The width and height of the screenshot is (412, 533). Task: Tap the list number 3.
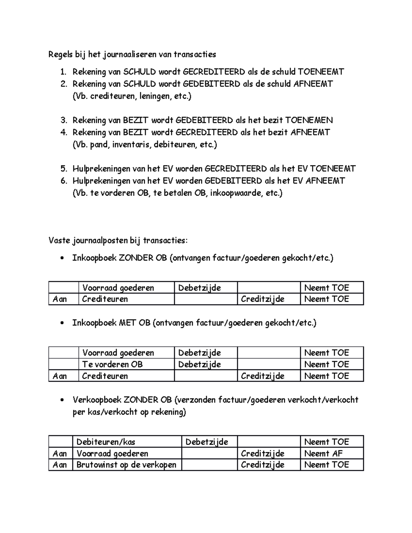point(64,120)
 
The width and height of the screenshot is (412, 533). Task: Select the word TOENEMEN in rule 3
point(309,120)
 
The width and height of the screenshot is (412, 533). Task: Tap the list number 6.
point(64,181)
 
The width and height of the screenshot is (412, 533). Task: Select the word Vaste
point(59,240)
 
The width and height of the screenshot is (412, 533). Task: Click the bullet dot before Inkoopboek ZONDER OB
point(62,258)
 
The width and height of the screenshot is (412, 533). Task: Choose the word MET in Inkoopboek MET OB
point(127,323)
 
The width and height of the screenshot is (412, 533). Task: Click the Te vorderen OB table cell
point(112,364)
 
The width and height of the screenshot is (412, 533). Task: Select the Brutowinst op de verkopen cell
point(126,465)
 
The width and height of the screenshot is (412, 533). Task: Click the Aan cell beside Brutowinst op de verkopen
point(60,465)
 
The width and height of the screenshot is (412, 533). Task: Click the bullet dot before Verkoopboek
point(62,400)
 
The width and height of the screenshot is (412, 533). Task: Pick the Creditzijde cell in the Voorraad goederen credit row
point(263,453)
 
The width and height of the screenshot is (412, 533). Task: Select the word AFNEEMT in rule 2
point(313,84)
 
